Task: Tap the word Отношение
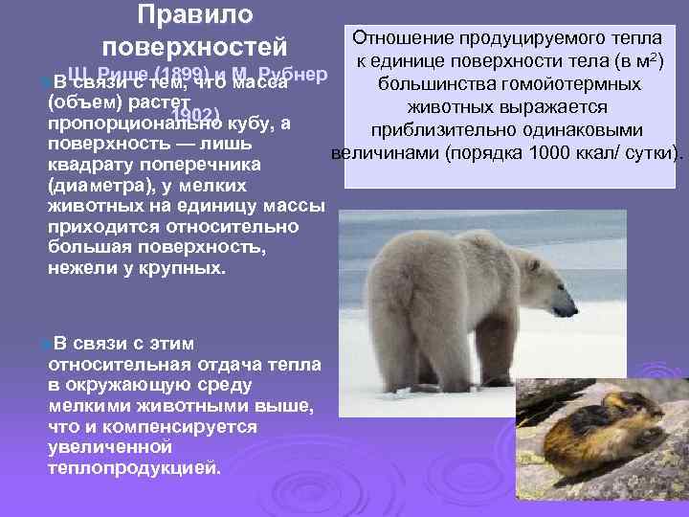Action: pyautogui.click(x=403, y=39)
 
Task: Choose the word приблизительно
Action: pyautogui.click(x=448, y=130)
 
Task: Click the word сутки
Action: pyautogui.click(x=646, y=153)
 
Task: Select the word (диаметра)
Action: pyautogui.click(x=94, y=187)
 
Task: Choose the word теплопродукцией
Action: pyautogui.click(x=133, y=468)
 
